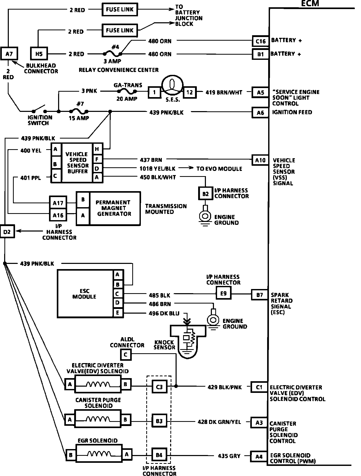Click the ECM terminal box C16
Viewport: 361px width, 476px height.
261,41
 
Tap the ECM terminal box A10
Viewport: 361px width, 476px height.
260,160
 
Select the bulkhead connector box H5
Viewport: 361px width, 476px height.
39,54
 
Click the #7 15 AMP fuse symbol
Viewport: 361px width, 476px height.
79,112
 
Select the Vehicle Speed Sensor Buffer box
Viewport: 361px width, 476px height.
77,163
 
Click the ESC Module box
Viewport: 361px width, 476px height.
85,294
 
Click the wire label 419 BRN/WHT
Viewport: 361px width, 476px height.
224,92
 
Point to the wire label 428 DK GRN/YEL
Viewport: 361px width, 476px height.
219,422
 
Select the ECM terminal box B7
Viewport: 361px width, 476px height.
260,295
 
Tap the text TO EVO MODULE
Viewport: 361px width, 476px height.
219,169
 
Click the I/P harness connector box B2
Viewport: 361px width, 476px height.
205,193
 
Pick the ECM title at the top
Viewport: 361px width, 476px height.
310,3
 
